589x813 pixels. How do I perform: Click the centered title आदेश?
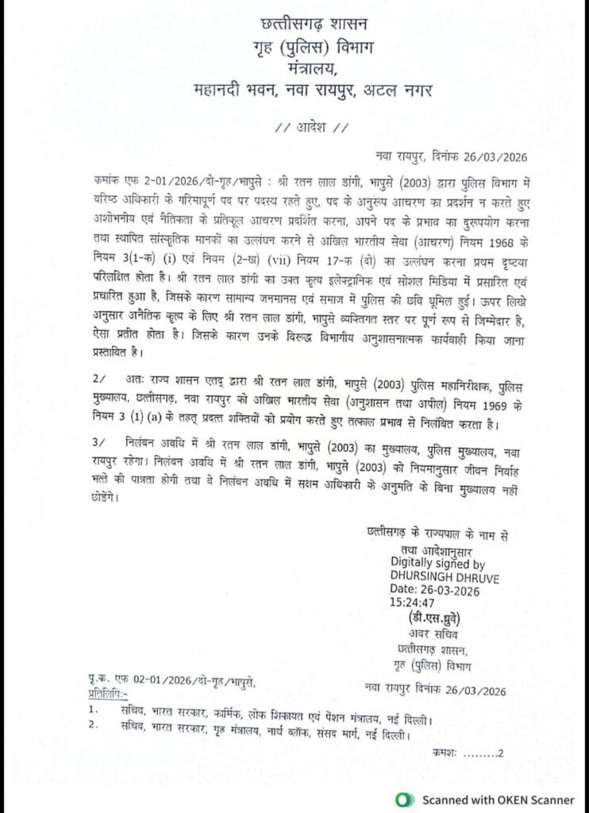311,128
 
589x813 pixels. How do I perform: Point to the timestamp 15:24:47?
413,603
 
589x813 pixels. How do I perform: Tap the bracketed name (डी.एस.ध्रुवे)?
433,617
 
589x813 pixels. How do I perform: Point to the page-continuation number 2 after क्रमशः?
501,753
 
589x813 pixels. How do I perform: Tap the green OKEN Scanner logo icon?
405,799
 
